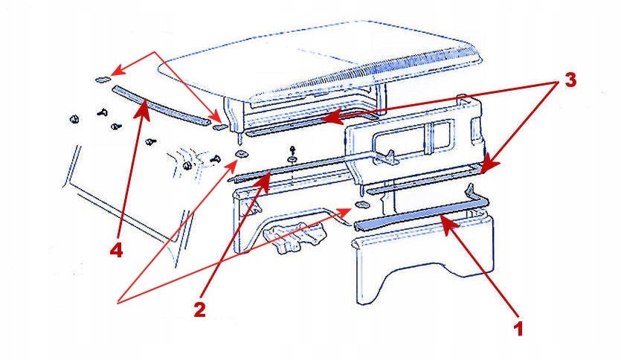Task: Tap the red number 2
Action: tap(199, 309)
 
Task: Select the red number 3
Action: tap(570, 81)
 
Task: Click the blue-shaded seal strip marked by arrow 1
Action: tap(416, 216)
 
